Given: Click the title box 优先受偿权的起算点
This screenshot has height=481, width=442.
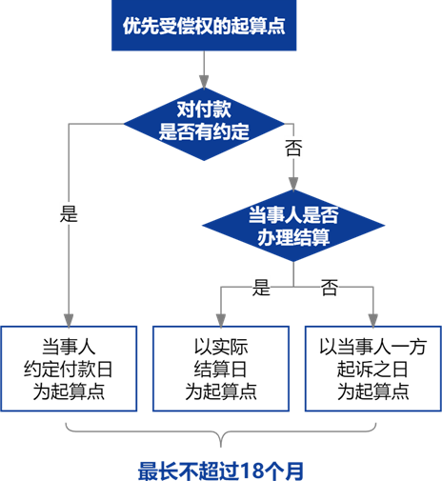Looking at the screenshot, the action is click(x=204, y=26).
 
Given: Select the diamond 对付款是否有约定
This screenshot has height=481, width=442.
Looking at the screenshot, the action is click(x=204, y=124).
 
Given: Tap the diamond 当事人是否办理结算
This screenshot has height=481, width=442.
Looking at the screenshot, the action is click(x=293, y=226).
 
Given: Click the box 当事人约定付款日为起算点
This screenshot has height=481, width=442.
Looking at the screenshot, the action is click(x=69, y=369).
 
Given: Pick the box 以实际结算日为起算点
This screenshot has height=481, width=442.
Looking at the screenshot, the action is click(x=221, y=369).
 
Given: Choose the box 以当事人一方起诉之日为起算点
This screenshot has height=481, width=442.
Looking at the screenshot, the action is click(x=373, y=369).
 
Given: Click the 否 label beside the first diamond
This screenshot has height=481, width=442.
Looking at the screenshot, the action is click(x=293, y=148).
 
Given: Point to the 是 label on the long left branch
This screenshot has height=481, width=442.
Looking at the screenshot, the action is click(x=69, y=213).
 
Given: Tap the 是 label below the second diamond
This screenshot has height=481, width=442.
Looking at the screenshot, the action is click(x=261, y=288).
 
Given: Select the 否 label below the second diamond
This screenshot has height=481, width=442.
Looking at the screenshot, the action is click(x=330, y=288).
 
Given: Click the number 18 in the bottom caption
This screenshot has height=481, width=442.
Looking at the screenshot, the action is click(x=251, y=471).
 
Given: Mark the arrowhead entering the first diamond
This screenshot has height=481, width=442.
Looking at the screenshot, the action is click(x=204, y=82).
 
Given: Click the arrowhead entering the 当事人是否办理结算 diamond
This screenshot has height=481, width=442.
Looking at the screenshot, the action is click(x=293, y=184).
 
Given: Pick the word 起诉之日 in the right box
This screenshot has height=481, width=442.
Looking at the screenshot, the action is click(x=372, y=369).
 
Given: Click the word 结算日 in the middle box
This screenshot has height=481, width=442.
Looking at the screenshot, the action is click(x=220, y=369).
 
